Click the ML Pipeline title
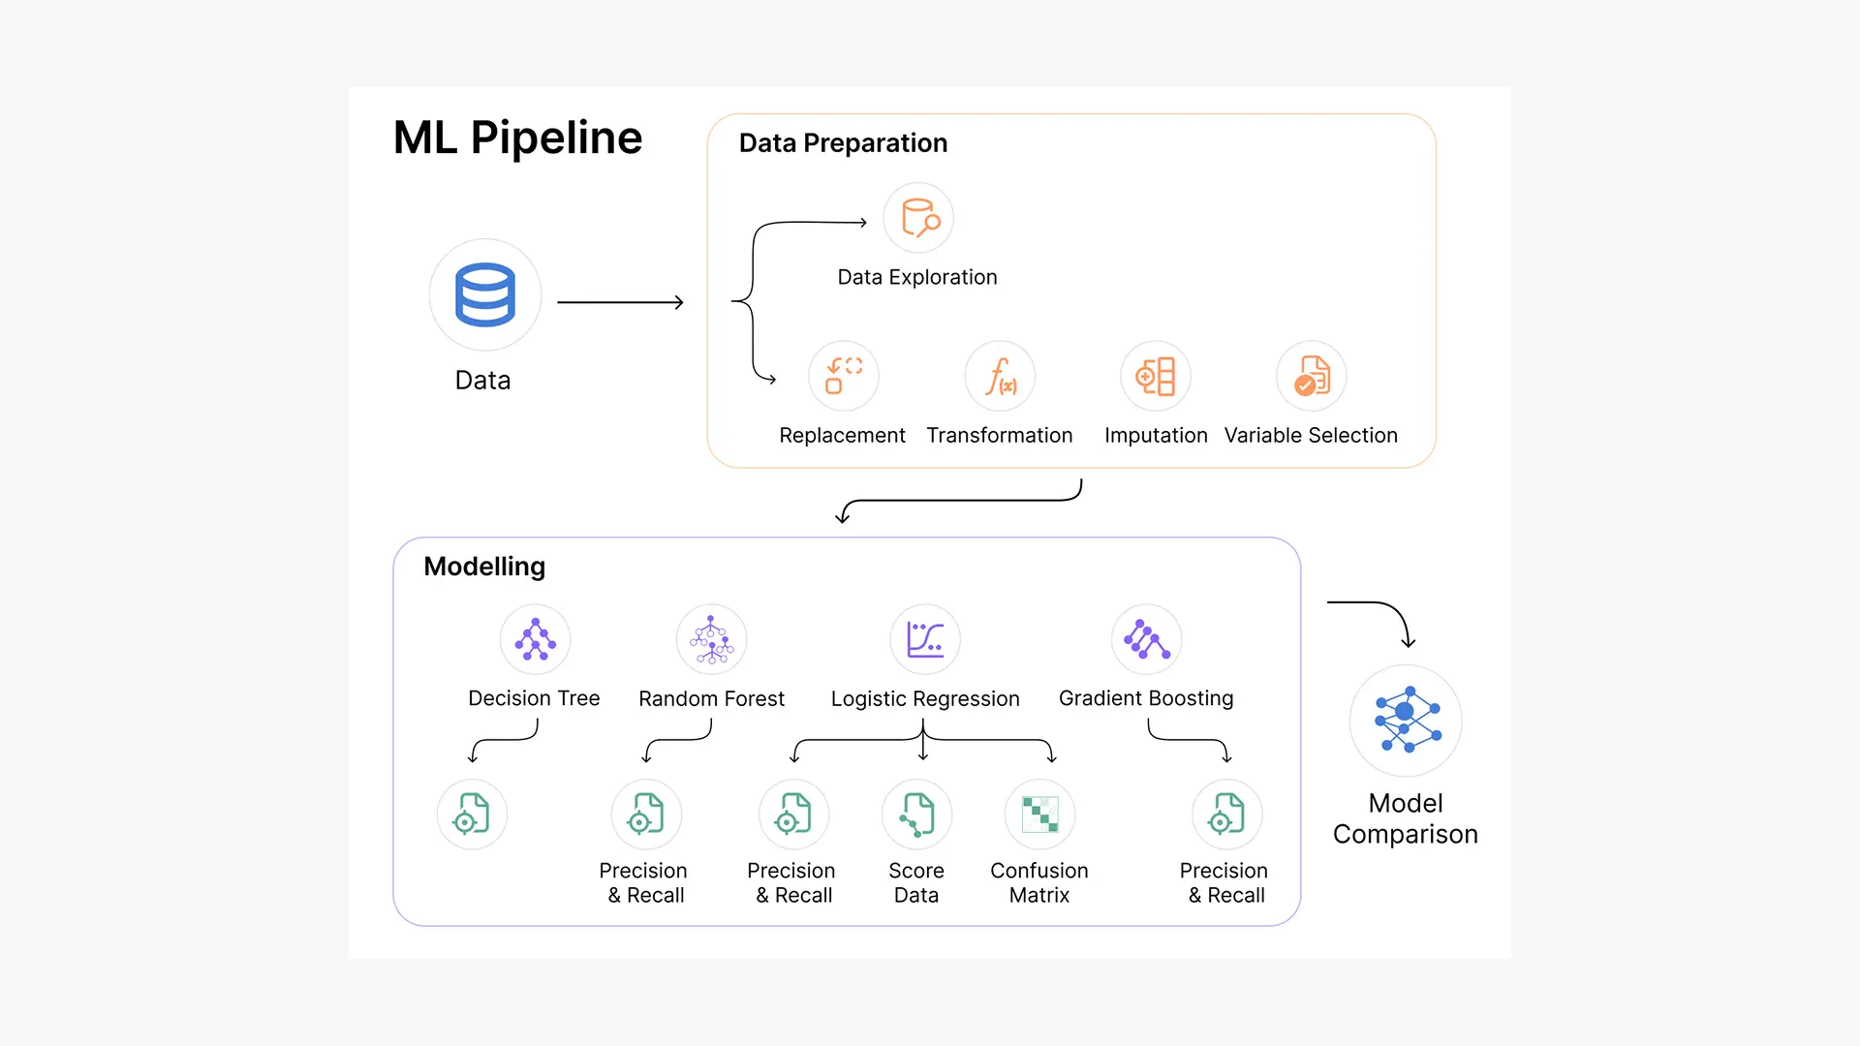coord(517,138)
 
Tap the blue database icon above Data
coord(484,294)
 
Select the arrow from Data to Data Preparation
coord(620,302)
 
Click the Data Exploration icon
coord(918,218)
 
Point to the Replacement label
coord(842,436)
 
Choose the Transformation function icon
coord(1000,376)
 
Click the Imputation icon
coord(1156,376)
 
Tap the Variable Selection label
coord(1311,436)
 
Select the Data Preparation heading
coord(843,143)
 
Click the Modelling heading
coord(484,567)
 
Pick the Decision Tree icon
coord(535,639)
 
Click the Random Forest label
coord(711,698)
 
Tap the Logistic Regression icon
coord(925,639)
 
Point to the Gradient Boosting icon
coord(1146,639)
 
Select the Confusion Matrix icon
coord(1039,815)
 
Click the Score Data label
coord(916,882)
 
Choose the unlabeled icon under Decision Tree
coord(472,815)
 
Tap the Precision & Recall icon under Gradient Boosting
coord(1226,815)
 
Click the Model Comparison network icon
coord(1406,721)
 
